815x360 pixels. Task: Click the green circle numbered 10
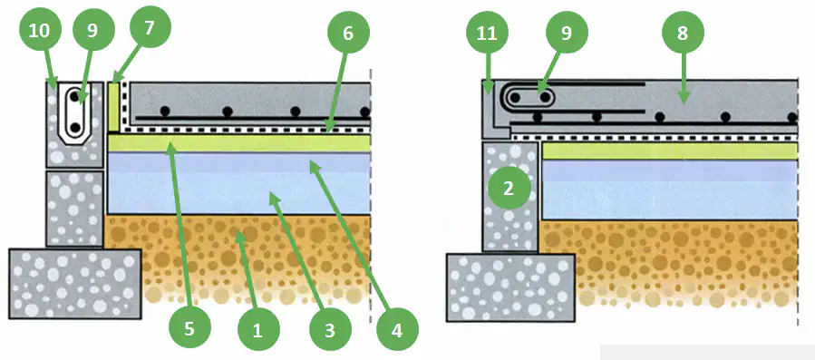point(39,31)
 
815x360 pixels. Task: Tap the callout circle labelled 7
point(150,28)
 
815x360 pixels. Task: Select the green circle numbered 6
point(348,34)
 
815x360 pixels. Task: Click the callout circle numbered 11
point(487,34)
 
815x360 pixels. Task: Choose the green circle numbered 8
point(683,34)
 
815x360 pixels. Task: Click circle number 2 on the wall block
point(509,189)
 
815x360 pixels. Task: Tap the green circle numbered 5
point(189,329)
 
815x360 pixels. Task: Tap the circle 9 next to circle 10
point(92,31)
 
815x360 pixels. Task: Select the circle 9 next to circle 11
point(566,34)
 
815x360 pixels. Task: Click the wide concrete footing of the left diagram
point(75,284)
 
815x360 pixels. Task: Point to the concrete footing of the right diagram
point(510,287)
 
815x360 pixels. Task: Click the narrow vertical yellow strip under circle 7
point(114,107)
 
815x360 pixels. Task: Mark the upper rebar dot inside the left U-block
point(76,97)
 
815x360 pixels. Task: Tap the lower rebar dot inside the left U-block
point(76,127)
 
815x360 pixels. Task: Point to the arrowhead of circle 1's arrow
point(239,235)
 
